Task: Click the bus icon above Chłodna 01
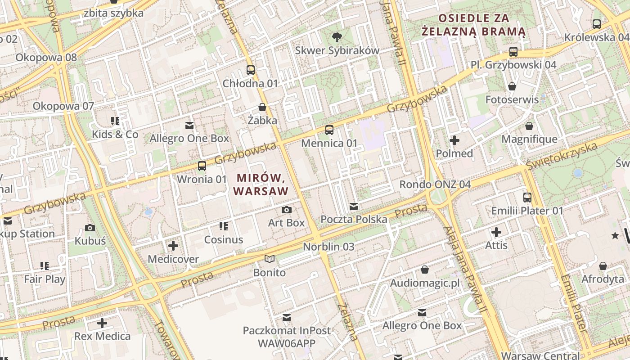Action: pos(251,70)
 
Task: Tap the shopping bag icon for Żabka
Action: pos(262,107)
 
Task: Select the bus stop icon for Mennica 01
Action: pos(329,130)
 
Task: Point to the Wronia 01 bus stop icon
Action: pos(202,166)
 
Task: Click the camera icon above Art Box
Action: pos(286,210)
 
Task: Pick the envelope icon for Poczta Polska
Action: pos(354,207)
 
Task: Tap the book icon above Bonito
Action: pos(270,259)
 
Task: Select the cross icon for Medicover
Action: pos(173,246)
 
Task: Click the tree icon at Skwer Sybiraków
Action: pos(337,37)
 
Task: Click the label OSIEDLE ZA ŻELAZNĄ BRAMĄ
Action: pos(473,25)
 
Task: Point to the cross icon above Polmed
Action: pos(454,140)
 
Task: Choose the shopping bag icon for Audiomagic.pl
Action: pos(425,270)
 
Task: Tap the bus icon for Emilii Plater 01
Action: pos(527,197)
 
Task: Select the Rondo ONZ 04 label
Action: pos(435,184)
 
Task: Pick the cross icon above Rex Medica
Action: pos(102,323)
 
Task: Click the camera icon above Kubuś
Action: pos(90,228)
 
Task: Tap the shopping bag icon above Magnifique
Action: pos(529,126)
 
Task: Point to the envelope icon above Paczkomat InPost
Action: pos(287,318)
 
